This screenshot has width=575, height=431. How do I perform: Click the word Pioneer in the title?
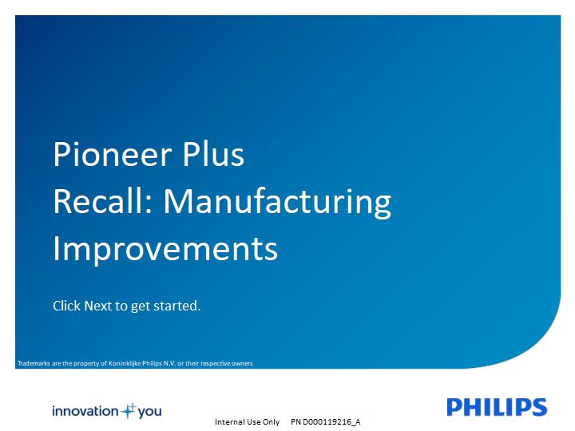point(113,155)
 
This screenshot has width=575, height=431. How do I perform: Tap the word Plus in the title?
point(213,154)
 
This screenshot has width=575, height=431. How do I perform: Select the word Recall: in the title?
point(103,201)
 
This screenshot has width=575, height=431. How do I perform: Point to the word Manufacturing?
point(277,203)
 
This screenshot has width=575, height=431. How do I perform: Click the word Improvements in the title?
point(165,250)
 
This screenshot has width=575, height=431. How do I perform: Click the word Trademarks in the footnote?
point(34,363)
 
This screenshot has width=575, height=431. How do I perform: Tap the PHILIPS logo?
point(497,407)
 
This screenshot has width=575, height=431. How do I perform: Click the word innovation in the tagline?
point(85,411)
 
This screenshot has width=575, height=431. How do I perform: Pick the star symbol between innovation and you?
point(129,410)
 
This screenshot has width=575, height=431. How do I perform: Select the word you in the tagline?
point(149,412)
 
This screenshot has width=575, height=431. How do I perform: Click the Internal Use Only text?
point(247,422)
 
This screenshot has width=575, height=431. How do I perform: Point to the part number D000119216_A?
point(331,422)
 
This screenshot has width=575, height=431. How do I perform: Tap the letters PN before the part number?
point(295,422)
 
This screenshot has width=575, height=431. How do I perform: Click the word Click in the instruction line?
point(66,306)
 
